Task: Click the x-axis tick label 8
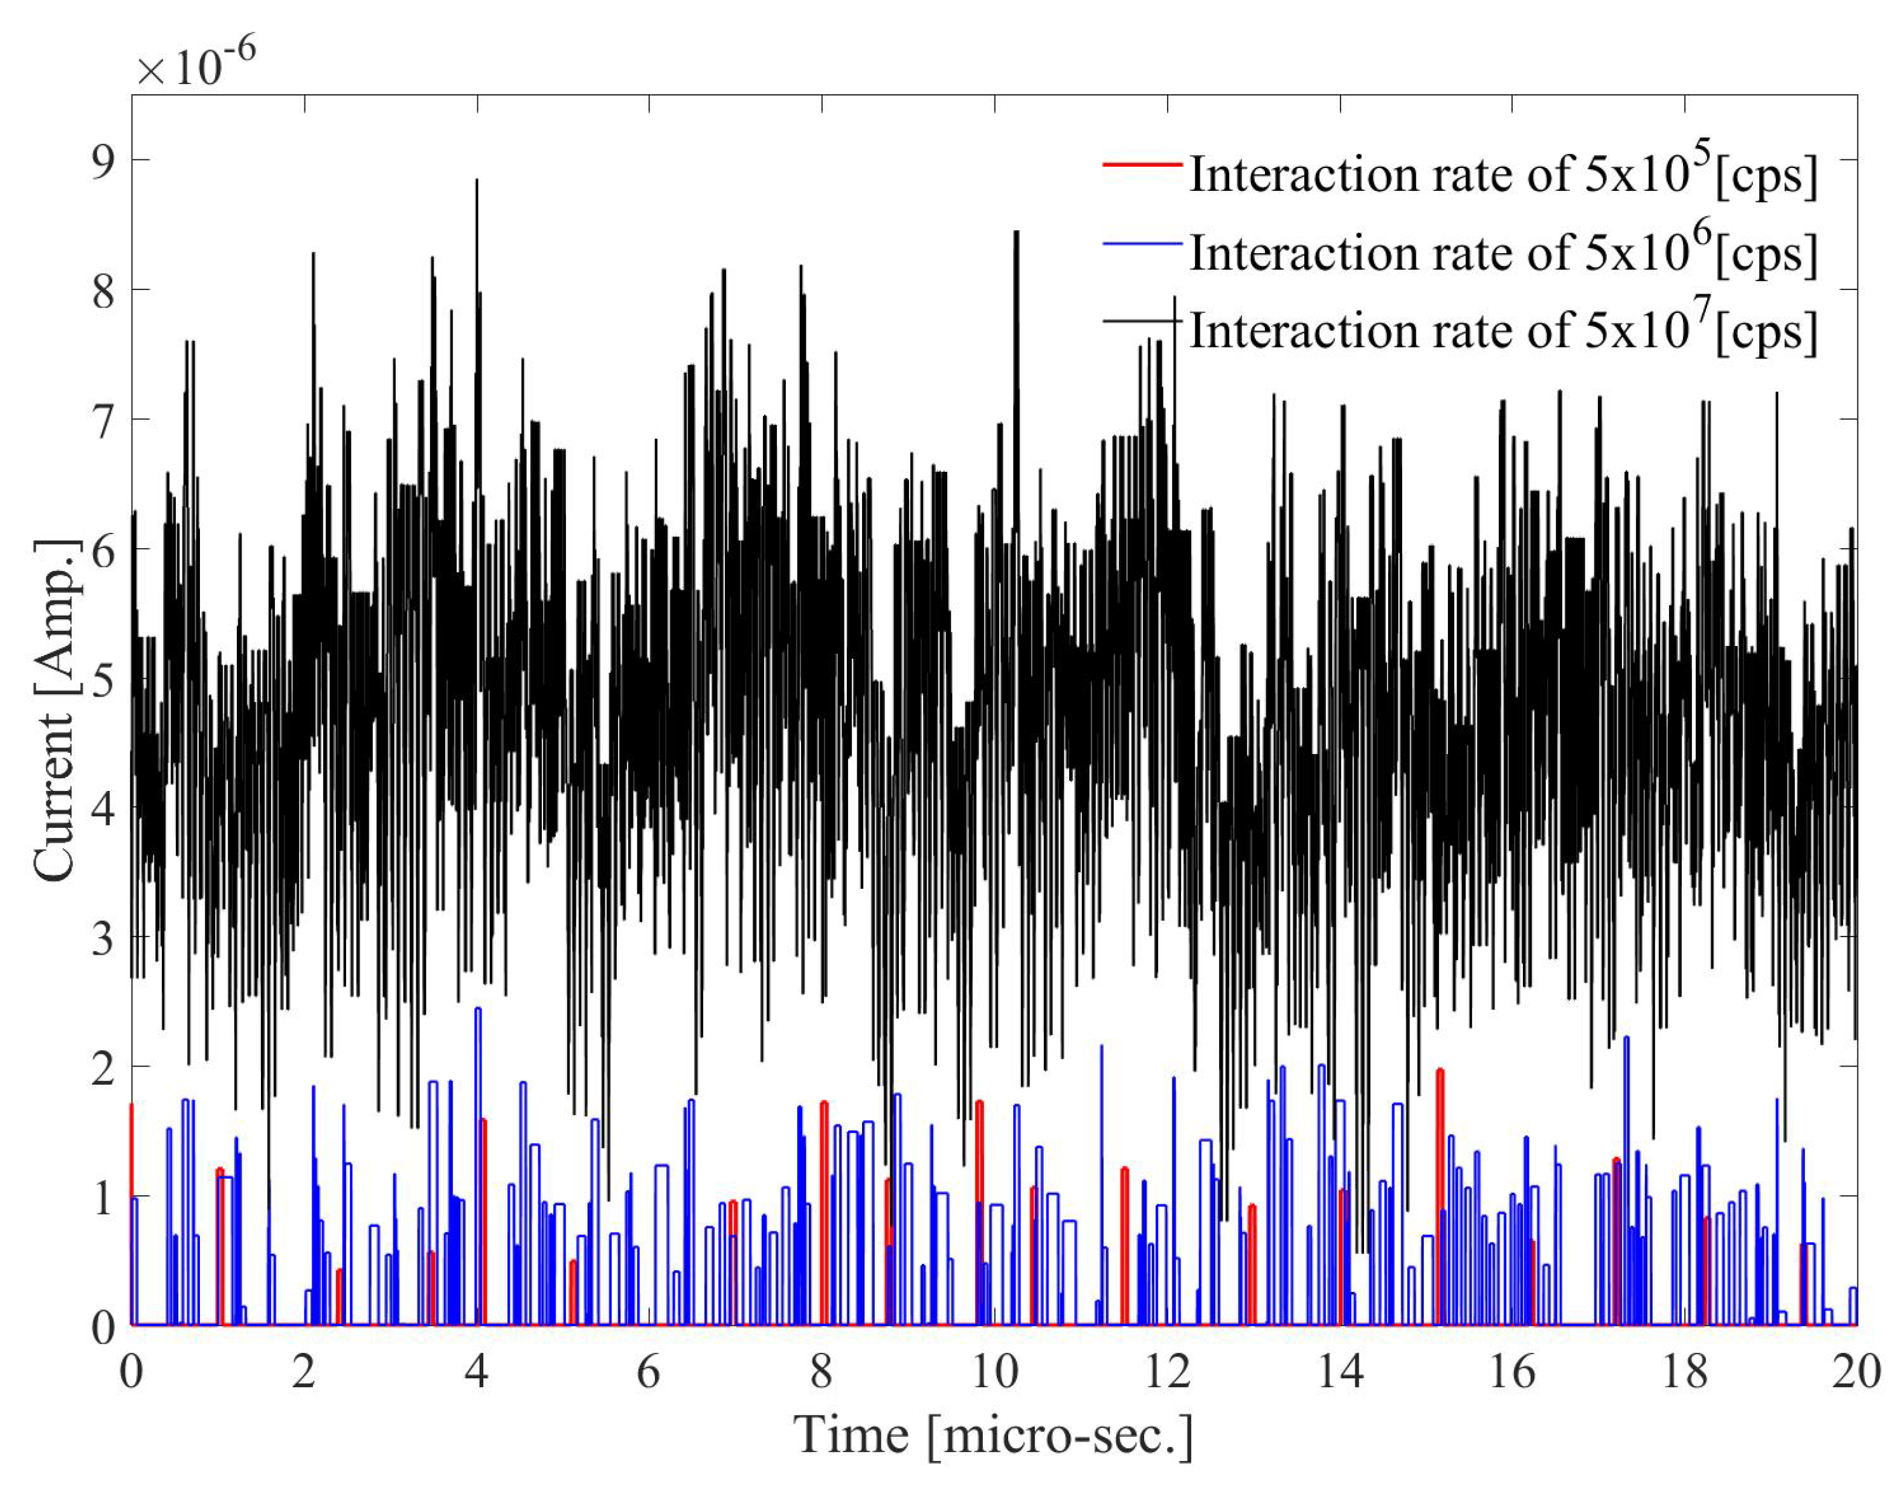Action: tap(821, 1373)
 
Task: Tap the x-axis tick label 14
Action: tap(1339, 1373)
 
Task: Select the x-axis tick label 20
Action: tap(1856, 1373)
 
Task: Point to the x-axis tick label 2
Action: tap(303, 1373)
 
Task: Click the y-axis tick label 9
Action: tap(103, 162)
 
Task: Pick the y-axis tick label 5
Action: tap(103, 680)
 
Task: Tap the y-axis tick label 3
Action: tap(103, 938)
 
